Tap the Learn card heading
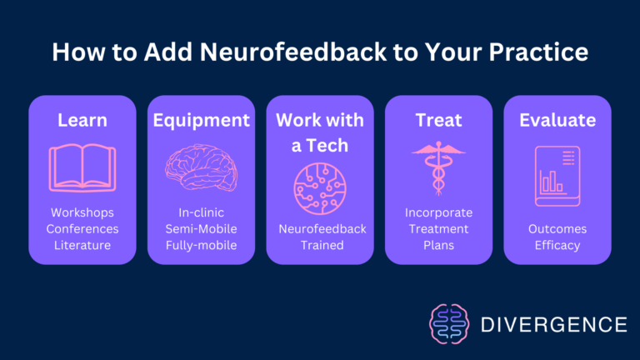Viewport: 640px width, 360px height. [x=82, y=120]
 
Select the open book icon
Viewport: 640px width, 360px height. [x=82, y=167]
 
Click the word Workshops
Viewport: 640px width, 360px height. [x=82, y=213]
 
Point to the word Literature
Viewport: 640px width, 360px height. [x=82, y=245]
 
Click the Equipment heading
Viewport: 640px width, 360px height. [x=201, y=120]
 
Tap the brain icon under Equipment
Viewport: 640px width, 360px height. [x=201, y=167]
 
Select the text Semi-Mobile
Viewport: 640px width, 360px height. [x=201, y=229]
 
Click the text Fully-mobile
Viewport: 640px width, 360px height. [x=201, y=245]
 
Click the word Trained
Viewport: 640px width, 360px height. [x=319, y=245]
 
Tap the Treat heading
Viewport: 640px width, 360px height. [x=438, y=120]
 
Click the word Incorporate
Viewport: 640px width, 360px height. [x=438, y=213]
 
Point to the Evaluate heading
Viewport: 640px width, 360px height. [x=557, y=120]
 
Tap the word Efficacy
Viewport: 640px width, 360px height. [x=557, y=245]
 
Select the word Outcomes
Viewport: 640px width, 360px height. [x=557, y=229]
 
